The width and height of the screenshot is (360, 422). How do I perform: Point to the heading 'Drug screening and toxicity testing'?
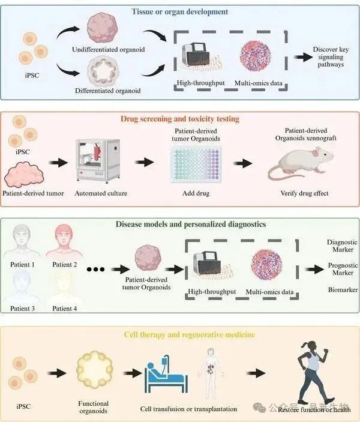click(x=180, y=118)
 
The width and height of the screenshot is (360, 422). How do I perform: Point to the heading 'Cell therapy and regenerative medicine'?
click(x=180, y=334)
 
